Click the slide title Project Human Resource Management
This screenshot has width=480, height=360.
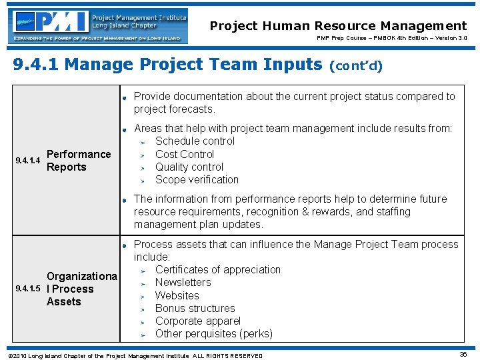[338, 26]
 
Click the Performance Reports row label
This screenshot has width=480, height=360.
[78, 161]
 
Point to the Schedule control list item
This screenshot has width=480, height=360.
[195, 141]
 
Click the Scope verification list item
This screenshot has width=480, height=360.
[197, 179]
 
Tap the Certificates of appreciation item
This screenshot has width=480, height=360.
[217, 269]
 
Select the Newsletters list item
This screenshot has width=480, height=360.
[183, 282]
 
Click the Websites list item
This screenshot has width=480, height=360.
[177, 295]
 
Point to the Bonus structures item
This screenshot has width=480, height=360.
[195, 308]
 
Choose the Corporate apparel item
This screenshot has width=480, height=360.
[197, 321]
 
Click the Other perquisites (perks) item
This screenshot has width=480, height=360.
[213, 333]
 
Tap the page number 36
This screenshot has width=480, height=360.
[463, 355]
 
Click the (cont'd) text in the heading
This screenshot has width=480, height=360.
[356, 66]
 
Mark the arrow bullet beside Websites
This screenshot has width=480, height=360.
[141, 296]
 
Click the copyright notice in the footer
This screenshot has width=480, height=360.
[133, 355]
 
